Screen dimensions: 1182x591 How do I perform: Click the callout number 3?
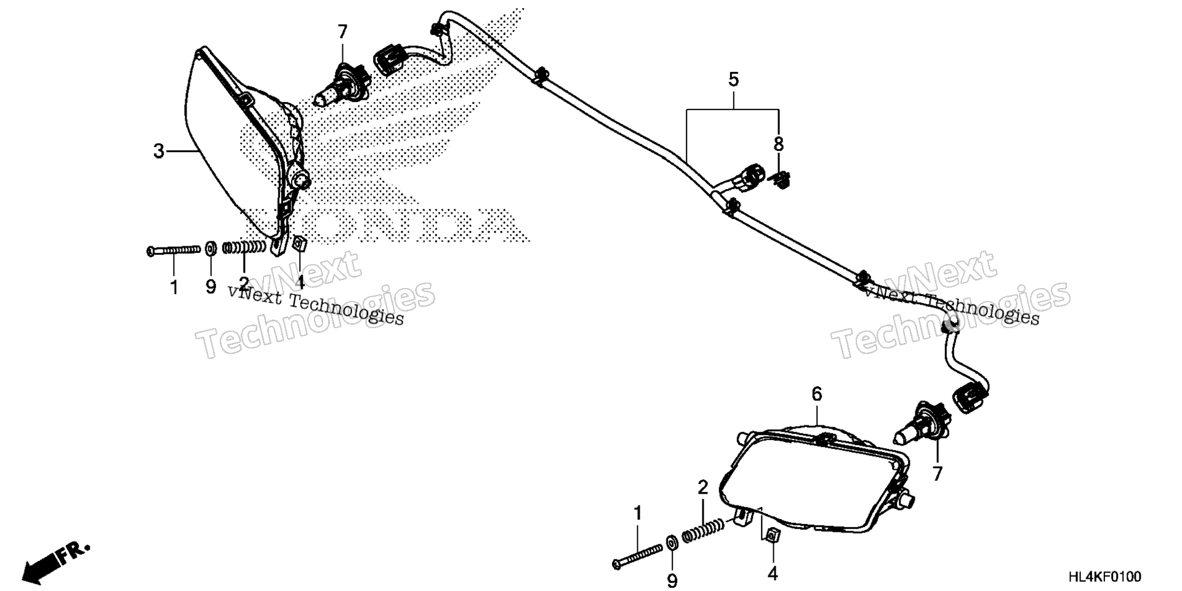point(159,151)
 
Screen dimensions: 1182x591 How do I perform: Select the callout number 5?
point(733,79)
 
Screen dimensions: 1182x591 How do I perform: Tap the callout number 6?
point(817,394)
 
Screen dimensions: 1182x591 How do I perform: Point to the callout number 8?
point(779,145)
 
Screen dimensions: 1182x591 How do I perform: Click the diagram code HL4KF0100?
point(1104,577)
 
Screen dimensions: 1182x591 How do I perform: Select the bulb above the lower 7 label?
point(921,425)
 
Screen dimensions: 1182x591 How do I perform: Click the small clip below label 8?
point(781,180)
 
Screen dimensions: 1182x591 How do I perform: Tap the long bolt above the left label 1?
point(174,250)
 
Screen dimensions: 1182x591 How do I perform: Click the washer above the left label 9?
point(211,248)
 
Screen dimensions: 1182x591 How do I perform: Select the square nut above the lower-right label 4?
point(771,536)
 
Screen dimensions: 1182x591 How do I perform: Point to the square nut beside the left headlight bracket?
point(300,243)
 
